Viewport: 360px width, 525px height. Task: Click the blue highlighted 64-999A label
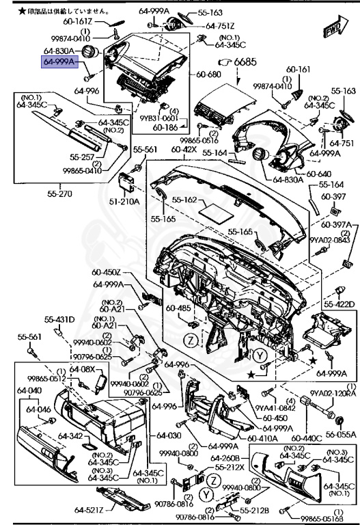[x=60, y=62]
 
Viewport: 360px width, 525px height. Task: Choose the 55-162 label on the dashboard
[x=184, y=200]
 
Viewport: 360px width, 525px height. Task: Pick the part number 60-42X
[x=184, y=149]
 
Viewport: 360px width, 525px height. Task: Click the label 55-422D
[x=339, y=304]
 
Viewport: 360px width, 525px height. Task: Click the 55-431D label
[x=60, y=319]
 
